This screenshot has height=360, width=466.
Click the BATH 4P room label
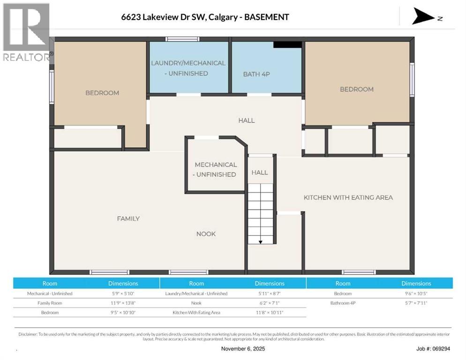coord(256,74)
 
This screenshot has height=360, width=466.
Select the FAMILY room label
coord(128,218)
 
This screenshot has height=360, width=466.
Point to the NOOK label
coord(206,234)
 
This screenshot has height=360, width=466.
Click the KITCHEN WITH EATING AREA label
coord(348,197)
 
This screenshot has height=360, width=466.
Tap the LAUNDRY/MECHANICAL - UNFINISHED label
coord(188,68)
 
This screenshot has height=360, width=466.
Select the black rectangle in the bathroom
coord(287,45)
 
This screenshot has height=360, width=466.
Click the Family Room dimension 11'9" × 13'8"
coord(123,303)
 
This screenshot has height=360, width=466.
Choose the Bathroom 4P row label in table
coord(343,303)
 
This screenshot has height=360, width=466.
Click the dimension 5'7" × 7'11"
coord(416,303)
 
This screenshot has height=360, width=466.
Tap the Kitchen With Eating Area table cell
coord(196,312)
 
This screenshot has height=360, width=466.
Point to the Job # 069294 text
coord(433,349)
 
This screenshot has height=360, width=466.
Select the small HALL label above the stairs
coord(260,172)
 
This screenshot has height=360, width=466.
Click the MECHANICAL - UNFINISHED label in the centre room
coord(215,170)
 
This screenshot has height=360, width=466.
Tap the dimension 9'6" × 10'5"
coord(416,293)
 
